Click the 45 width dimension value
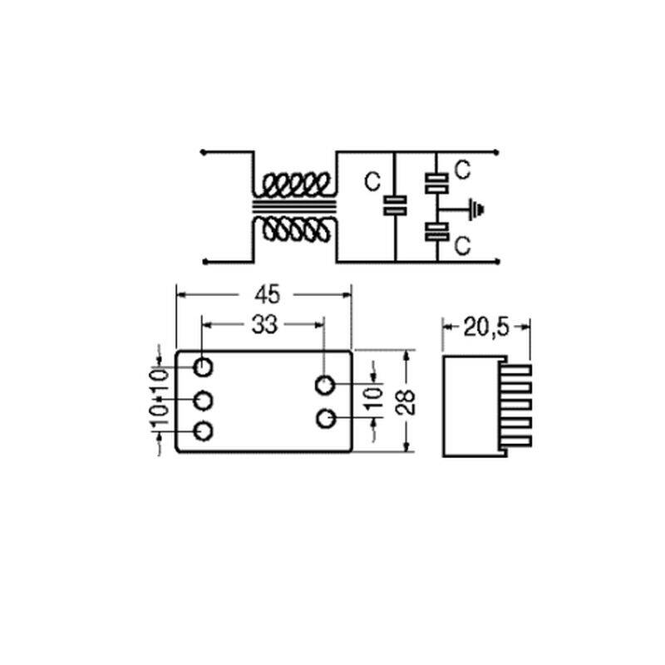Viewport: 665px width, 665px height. point(267,294)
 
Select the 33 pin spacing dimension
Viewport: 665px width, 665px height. point(264,325)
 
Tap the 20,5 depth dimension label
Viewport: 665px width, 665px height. point(486,327)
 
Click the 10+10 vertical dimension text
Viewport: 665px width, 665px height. point(160,397)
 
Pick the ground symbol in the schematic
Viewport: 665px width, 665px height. point(475,209)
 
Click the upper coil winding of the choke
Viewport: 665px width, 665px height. point(296,185)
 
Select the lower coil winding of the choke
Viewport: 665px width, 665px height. point(296,230)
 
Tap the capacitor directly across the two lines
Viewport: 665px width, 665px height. point(395,205)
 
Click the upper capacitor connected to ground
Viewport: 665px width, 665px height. point(436,183)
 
